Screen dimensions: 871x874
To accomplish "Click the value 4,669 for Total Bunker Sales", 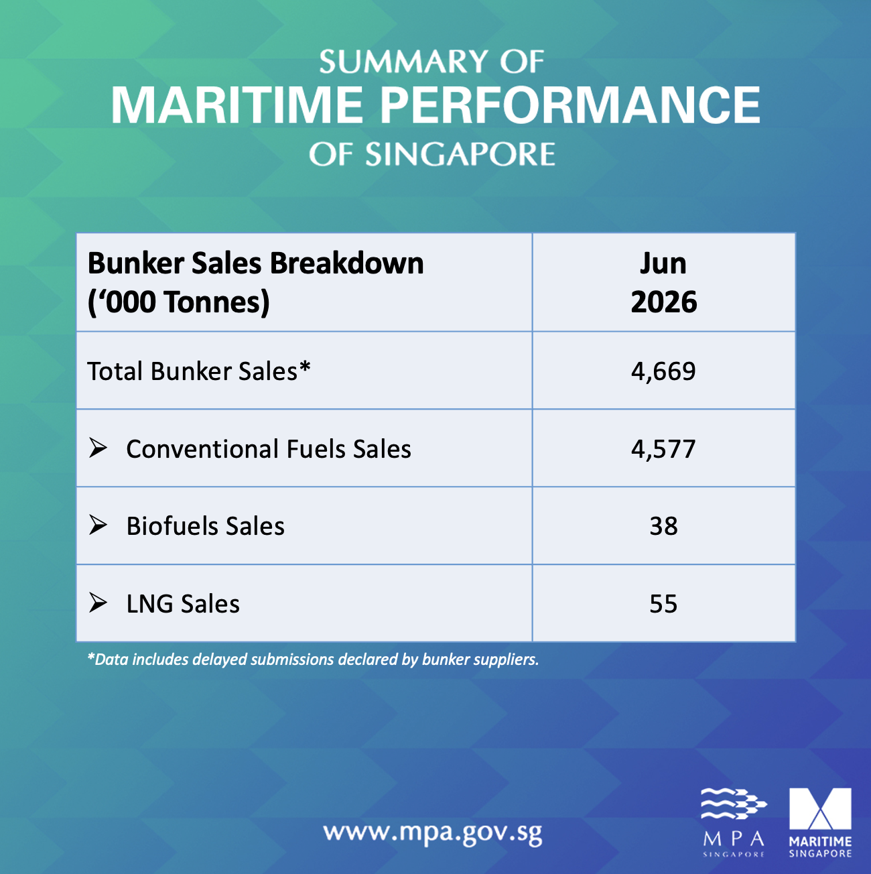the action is [x=663, y=371].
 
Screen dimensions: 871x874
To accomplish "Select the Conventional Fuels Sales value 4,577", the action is [x=663, y=449].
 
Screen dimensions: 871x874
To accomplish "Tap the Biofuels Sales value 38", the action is [x=663, y=526].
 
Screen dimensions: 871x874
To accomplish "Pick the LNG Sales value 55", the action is [x=663, y=604].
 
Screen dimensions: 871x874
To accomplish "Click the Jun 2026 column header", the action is [x=664, y=282].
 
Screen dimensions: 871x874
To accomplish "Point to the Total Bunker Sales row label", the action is [x=198, y=371].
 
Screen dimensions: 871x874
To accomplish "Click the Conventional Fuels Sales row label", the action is [x=269, y=449].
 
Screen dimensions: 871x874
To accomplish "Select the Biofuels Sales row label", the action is [x=206, y=526].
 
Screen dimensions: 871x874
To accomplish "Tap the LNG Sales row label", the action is [x=183, y=604].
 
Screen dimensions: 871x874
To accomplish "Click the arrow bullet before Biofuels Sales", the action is [x=98, y=525].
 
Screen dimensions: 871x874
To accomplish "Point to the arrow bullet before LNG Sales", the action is [x=98, y=603].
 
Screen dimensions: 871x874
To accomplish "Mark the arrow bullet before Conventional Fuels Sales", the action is [x=98, y=448].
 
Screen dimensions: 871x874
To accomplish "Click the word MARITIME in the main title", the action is [x=237, y=105].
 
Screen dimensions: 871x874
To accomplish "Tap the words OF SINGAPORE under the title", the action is [x=432, y=154].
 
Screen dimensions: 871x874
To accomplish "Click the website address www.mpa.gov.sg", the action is [x=433, y=832].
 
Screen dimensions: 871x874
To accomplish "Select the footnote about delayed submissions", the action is [x=313, y=660].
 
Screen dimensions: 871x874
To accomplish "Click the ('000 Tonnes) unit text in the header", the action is [x=179, y=302].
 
